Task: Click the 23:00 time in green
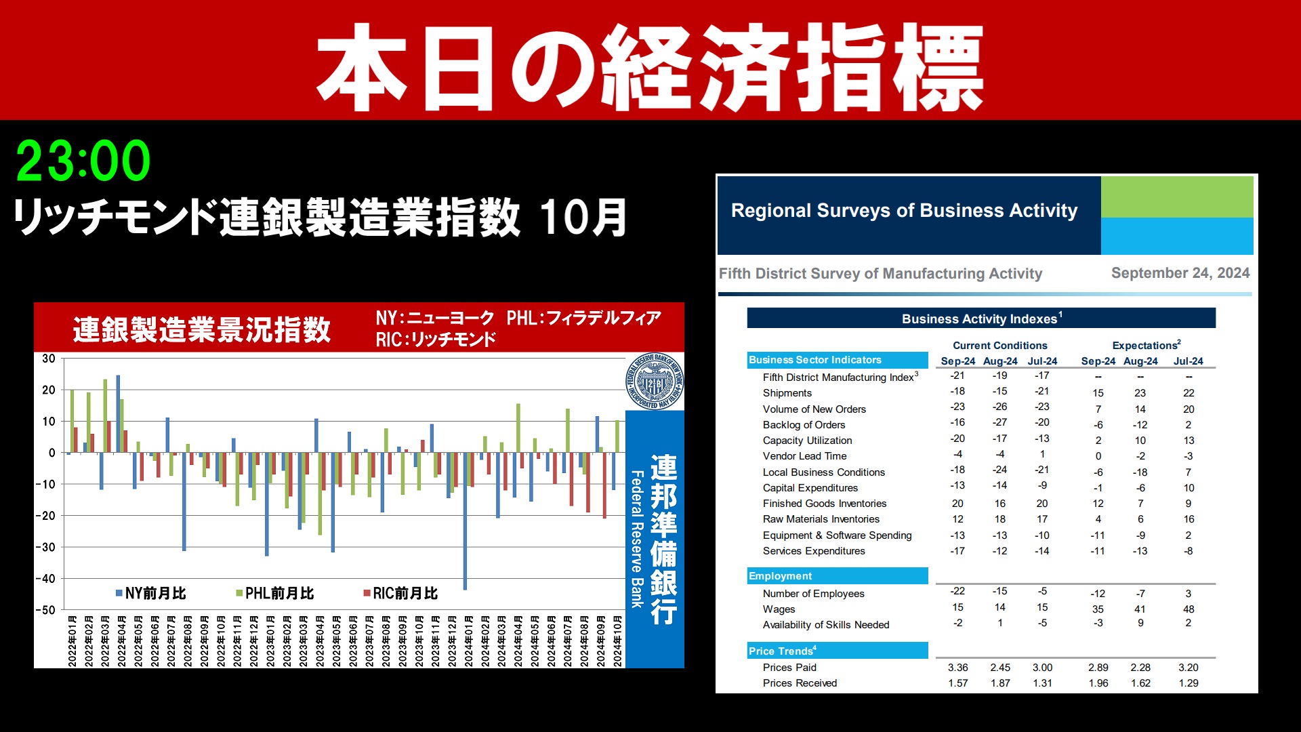click(83, 161)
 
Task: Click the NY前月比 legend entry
click(151, 594)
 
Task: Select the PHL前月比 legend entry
click(275, 594)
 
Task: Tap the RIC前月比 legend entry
click(400, 594)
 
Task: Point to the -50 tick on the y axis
click(46, 610)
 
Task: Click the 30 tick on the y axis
click(49, 359)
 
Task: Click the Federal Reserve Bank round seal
click(654, 382)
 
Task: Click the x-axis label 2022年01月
click(72, 641)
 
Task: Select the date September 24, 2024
click(1180, 273)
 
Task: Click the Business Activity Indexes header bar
click(981, 319)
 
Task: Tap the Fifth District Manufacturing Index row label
click(840, 378)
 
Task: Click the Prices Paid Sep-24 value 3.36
click(957, 668)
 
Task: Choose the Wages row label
click(779, 609)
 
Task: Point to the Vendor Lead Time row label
click(804, 456)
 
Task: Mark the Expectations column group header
click(1146, 345)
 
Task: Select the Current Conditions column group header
click(999, 346)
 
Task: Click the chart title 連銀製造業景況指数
click(202, 330)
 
